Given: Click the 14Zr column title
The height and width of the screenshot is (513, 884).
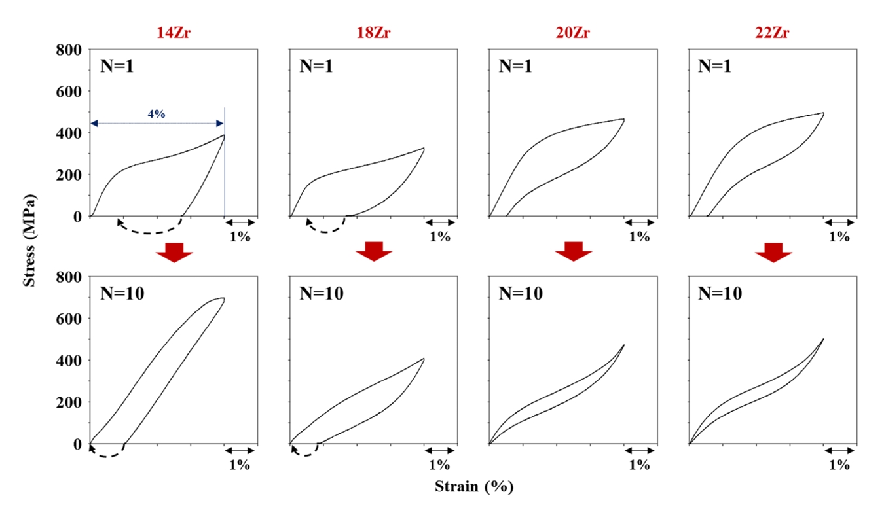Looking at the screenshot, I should (x=174, y=33).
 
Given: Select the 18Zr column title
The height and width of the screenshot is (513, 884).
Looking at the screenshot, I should (x=373, y=33).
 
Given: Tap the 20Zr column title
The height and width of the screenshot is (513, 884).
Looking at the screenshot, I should (x=573, y=33).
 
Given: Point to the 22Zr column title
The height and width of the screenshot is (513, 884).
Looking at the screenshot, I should (x=773, y=33).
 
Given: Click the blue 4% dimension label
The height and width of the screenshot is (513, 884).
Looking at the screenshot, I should (x=157, y=114).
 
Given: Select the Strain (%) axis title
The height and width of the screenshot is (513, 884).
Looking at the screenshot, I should (x=474, y=487).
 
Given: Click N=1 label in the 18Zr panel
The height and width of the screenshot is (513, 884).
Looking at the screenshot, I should (x=316, y=66).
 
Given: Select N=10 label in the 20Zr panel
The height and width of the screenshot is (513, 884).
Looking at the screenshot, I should (x=521, y=294).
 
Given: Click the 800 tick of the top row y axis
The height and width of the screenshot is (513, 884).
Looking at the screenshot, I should (x=68, y=50).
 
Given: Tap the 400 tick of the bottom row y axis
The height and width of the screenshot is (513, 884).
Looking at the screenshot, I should (x=68, y=361).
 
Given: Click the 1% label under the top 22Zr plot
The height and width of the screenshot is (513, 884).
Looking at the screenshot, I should (x=839, y=237).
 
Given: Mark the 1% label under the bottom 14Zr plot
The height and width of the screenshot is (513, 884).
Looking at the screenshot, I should (x=240, y=465).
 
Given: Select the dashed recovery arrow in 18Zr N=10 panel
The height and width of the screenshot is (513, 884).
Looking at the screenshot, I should (x=304, y=451).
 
